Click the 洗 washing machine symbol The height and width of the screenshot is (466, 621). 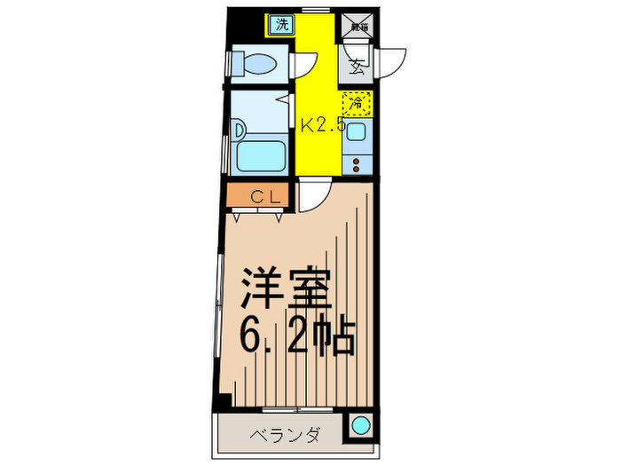(282, 25)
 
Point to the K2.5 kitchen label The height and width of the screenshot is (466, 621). (320, 125)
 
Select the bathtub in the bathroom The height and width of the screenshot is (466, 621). (261, 157)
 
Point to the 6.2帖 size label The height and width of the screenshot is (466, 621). (297, 336)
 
